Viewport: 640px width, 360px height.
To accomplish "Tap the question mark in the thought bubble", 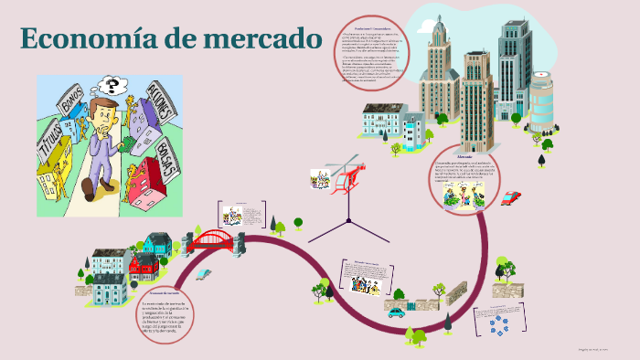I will (113, 88).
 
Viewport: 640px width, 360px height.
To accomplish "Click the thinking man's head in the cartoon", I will (100, 114).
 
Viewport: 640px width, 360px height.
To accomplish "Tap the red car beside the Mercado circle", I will (511, 197).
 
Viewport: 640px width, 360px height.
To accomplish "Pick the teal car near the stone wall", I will (396, 312).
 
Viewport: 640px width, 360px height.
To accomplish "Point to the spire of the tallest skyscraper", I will (439, 22).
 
